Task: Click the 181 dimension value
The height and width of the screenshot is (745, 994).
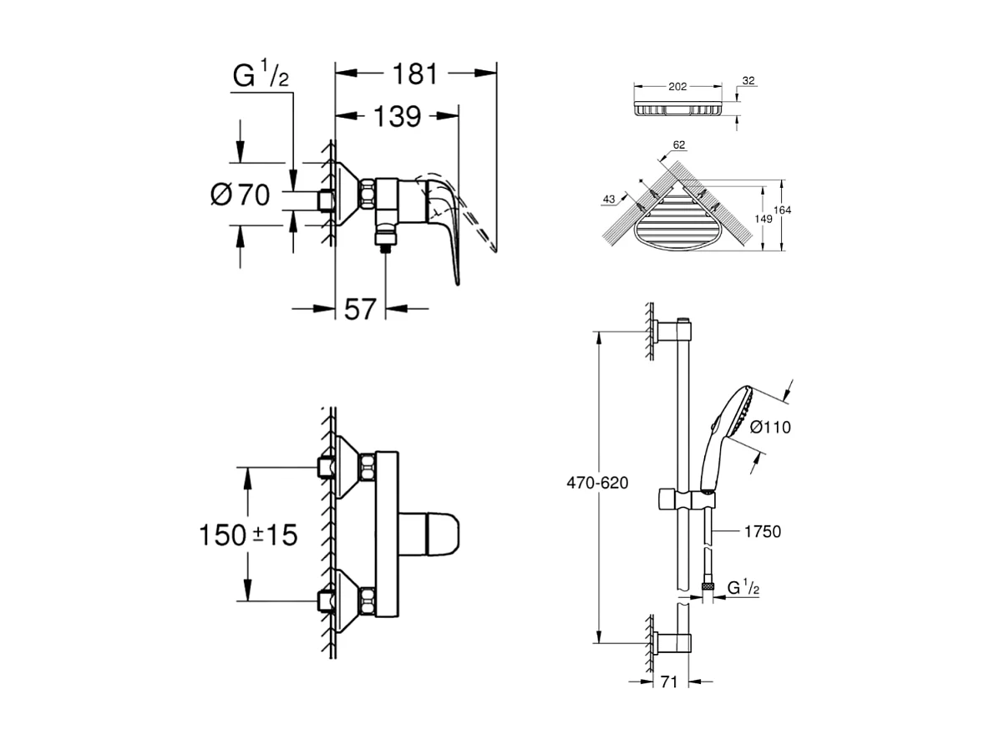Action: pos(415,73)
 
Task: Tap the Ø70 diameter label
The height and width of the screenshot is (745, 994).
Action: pos(239,196)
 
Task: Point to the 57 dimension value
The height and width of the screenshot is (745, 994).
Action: pos(360,310)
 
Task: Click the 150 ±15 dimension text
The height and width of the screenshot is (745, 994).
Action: pos(248,534)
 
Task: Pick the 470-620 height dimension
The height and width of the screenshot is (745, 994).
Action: pos(596,484)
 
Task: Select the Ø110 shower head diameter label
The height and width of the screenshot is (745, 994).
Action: pos(769,427)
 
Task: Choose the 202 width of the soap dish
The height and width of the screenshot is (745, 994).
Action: pos(677,86)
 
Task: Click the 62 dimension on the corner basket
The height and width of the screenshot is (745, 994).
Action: pos(678,145)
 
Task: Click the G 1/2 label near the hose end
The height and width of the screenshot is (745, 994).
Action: pos(742,588)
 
